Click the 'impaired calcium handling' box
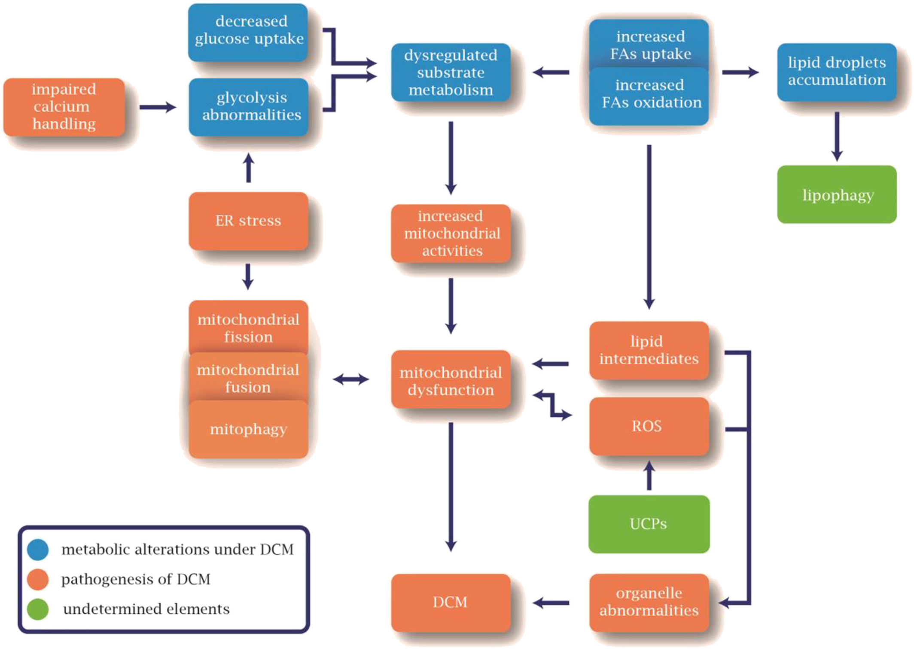[64, 107]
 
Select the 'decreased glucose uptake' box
[248, 32]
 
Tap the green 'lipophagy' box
[837, 194]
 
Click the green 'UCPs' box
[649, 524]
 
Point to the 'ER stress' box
[248, 221]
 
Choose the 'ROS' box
[649, 426]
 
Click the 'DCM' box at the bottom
[451, 602]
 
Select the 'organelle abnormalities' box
[649, 602]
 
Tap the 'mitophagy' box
[248, 429]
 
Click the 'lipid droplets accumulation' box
[837, 72]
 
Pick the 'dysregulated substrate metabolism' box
[451, 72]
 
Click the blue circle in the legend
[38, 549]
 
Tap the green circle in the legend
[38, 609]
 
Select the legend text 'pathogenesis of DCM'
[136, 579]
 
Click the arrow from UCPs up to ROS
[649, 476]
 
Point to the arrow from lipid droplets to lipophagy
[837, 136]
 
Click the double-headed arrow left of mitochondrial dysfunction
[351, 379]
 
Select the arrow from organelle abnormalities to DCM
[551, 603]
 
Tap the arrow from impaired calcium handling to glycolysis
[158, 107]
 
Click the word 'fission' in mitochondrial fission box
[248, 337]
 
